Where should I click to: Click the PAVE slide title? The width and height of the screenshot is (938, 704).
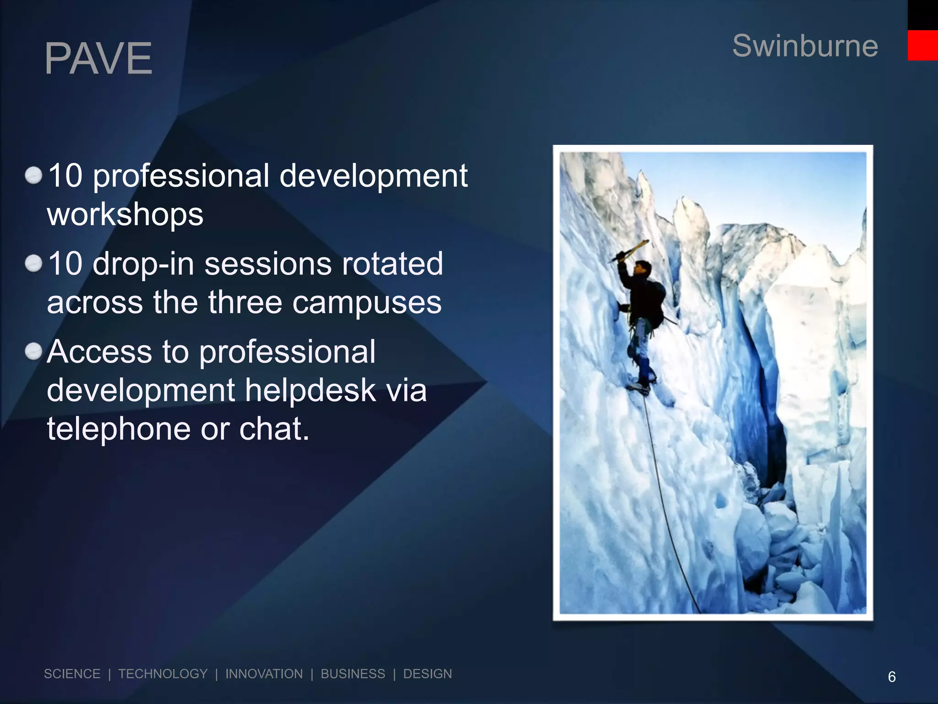(98, 58)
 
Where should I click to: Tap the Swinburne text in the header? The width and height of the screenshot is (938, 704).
(805, 46)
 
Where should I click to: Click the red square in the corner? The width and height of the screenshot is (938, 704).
(922, 45)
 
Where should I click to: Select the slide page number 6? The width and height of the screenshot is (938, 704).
(891, 676)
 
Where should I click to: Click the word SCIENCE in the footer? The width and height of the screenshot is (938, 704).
(72, 674)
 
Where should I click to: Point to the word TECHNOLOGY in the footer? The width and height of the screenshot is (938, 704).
(163, 674)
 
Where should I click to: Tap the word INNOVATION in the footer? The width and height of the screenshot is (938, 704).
(264, 674)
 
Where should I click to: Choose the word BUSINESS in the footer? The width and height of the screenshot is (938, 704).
(353, 674)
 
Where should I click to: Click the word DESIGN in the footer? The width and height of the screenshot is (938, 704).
(427, 674)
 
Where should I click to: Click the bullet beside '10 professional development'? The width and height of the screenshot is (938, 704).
(33, 175)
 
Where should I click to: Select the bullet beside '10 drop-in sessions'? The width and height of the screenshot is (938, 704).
(33, 264)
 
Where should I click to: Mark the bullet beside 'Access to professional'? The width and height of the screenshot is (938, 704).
(33, 352)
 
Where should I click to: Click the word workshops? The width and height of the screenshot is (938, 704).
(125, 214)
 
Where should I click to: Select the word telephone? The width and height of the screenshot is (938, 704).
(118, 429)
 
